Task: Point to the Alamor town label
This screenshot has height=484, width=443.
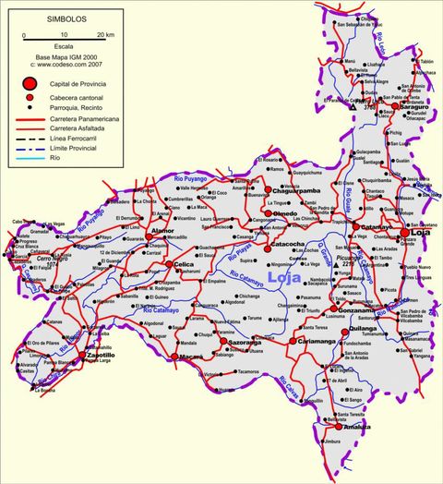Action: point(162,230)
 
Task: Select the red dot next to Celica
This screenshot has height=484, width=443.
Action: point(170,264)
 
